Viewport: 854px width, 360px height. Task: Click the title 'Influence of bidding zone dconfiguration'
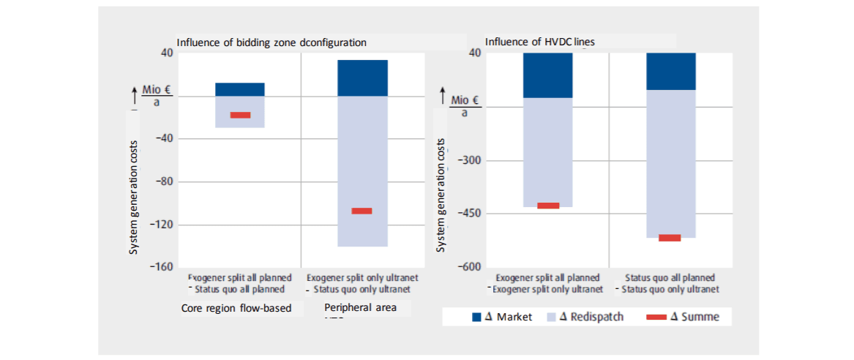click(x=271, y=42)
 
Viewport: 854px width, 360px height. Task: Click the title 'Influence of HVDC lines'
click(x=540, y=42)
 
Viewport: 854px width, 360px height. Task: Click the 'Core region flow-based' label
click(x=236, y=308)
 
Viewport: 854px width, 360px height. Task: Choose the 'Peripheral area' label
click(x=360, y=308)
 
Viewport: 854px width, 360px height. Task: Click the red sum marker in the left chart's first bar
click(x=240, y=115)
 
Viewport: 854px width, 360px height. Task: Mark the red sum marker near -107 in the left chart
click(x=362, y=211)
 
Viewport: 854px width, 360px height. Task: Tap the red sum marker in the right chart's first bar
click(x=548, y=206)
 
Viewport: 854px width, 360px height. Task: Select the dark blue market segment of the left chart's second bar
click(x=362, y=78)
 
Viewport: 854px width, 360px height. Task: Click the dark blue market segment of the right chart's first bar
click(x=548, y=75)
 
